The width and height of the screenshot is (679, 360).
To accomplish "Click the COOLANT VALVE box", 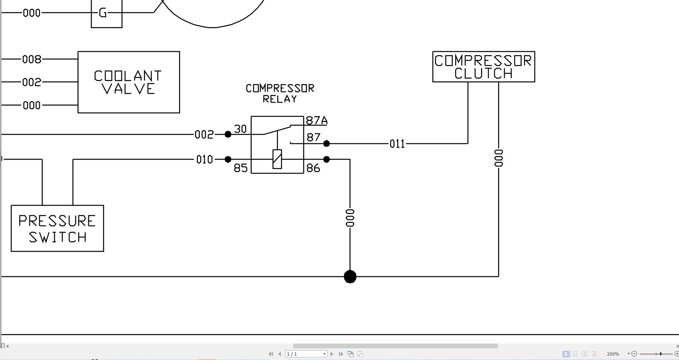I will (129, 82).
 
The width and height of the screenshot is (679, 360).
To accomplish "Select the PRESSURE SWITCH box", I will (57, 228).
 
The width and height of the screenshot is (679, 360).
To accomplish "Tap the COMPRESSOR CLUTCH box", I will (484, 67).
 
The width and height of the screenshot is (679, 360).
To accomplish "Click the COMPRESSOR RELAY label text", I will (280, 94).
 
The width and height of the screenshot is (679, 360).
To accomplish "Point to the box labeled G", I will (106, 14).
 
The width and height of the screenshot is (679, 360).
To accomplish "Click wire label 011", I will (397, 144).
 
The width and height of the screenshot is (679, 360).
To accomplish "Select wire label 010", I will (205, 160).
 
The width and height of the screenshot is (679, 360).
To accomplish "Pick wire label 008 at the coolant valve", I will (32, 59).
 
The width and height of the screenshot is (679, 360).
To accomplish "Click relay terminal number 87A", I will (316, 120).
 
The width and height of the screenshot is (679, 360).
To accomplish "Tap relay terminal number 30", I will (240, 129).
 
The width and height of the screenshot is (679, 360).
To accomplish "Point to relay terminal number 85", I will (241, 168).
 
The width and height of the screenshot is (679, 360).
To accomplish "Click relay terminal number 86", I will (313, 168).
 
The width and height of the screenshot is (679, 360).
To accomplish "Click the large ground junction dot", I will (350, 277).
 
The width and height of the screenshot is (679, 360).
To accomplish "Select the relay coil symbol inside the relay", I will (277, 159).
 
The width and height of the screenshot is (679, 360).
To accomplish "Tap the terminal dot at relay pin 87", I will (327, 144).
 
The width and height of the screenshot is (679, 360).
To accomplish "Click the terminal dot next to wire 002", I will (228, 134).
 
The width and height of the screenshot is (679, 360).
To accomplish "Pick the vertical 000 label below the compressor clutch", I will (499, 158).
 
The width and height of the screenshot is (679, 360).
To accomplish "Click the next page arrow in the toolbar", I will (332, 354).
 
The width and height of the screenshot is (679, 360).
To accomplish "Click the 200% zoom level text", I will (613, 354).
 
